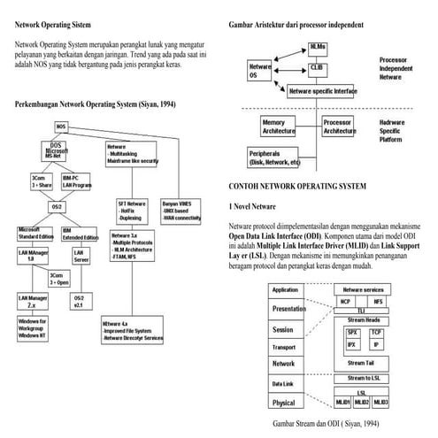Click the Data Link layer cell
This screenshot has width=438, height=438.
pos(285,383)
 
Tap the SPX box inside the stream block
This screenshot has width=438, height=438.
pos(351,332)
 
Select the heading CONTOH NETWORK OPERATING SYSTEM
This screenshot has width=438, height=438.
pos(296,188)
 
